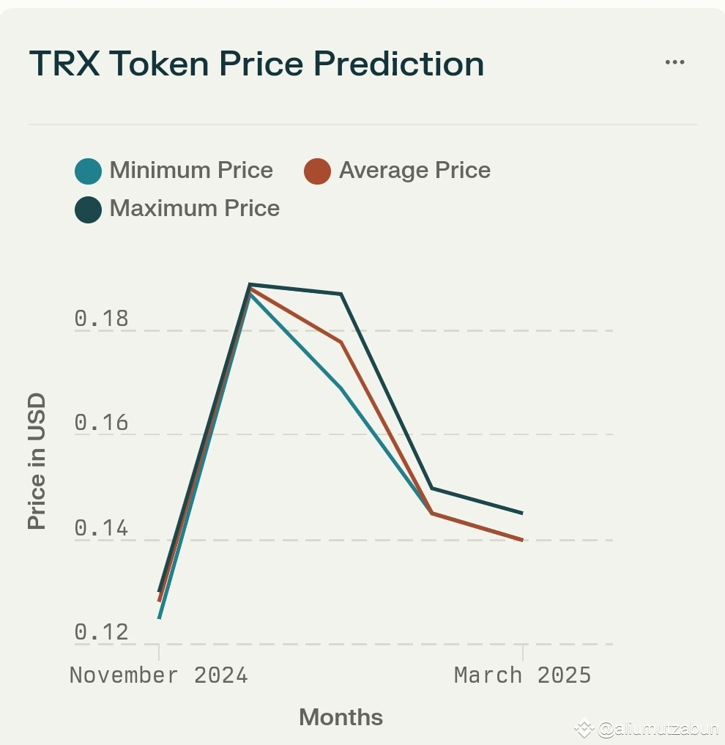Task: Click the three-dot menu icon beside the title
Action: click(674, 62)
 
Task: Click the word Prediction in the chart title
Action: click(399, 64)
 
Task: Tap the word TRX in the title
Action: click(65, 64)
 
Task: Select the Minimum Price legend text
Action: click(191, 171)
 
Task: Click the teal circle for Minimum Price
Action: click(89, 171)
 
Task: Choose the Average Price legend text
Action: click(414, 171)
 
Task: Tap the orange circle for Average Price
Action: click(317, 171)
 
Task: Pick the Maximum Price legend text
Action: click(194, 209)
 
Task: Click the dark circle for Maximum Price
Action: click(89, 210)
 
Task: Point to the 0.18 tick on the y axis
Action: click(101, 319)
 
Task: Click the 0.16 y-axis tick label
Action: click(101, 423)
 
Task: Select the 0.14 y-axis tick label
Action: click(101, 528)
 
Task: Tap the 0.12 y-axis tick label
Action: click(101, 632)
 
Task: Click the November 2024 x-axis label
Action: click(159, 675)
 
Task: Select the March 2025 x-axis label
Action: click(522, 675)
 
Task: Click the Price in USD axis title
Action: click(37, 462)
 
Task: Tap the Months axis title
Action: click(341, 717)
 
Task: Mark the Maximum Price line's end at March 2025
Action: click(522, 513)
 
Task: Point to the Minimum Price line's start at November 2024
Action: click(159, 618)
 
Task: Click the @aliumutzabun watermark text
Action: click(657, 729)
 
